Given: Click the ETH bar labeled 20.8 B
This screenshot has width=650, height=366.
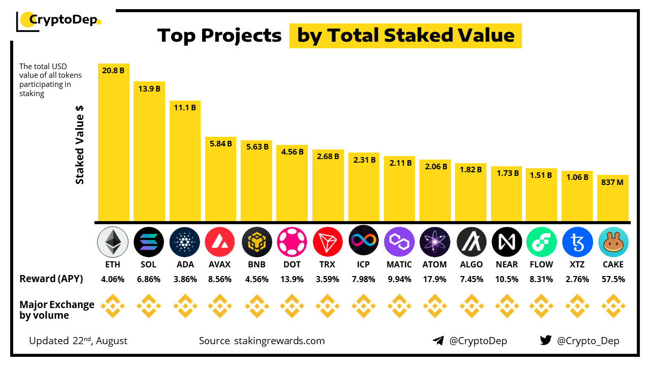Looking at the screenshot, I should pyautogui.click(x=113, y=142).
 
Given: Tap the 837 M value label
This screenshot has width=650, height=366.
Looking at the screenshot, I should pyautogui.click(x=613, y=182).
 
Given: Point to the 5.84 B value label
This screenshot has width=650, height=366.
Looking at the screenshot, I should pyautogui.click(x=220, y=144).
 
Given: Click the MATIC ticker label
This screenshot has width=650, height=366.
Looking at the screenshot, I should pyautogui.click(x=399, y=264).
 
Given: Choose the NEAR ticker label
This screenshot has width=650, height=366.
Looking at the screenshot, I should pyautogui.click(x=506, y=264).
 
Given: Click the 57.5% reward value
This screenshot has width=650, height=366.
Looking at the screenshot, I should pyautogui.click(x=613, y=279).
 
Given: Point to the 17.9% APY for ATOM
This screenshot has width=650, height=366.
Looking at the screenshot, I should pyautogui.click(x=435, y=279).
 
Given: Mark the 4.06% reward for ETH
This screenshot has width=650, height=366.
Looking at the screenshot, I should pyautogui.click(x=113, y=279).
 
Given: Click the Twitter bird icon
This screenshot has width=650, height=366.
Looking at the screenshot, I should pyautogui.click(x=545, y=340).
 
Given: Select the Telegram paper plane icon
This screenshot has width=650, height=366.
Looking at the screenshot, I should pyautogui.click(x=438, y=341).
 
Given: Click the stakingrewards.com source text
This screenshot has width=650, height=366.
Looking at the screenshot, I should pyautogui.click(x=279, y=341).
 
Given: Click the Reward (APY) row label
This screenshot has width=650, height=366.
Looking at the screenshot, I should pyautogui.click(x=51, y=279).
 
